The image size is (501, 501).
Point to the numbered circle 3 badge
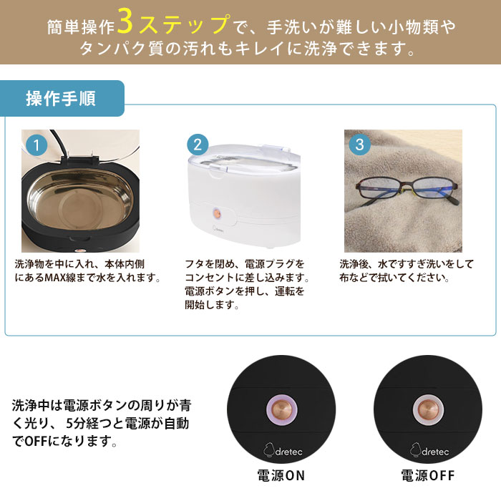click(359, 144)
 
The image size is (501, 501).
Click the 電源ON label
click(281, 475)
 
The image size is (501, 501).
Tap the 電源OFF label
click(427, 475)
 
